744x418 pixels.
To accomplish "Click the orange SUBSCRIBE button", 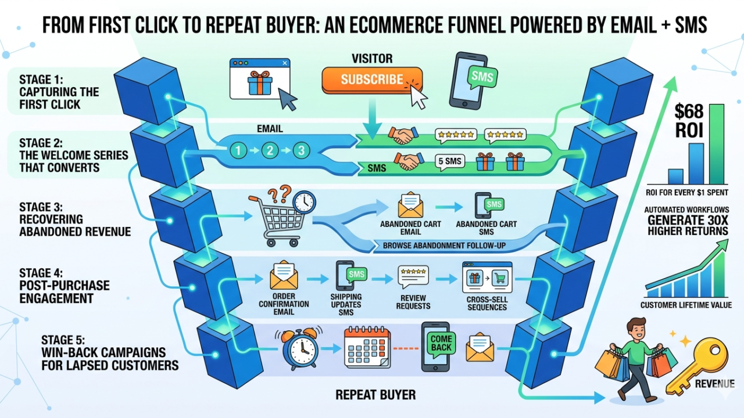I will click(372, 80).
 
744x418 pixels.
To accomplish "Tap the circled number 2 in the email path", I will click(269, 150).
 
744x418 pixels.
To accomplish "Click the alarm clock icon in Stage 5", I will click(299, 349).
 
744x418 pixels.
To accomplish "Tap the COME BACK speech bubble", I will click(441, 343).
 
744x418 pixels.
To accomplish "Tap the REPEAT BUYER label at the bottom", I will click(375, 395).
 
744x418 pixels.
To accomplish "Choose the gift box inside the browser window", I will click(259, 83).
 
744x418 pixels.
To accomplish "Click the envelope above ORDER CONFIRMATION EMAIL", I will click(284, 278).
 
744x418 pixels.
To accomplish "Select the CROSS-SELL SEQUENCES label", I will click(487, 303).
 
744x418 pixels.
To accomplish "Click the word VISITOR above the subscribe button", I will click(372, 59).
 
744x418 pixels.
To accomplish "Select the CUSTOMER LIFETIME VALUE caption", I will click(686, 305).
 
